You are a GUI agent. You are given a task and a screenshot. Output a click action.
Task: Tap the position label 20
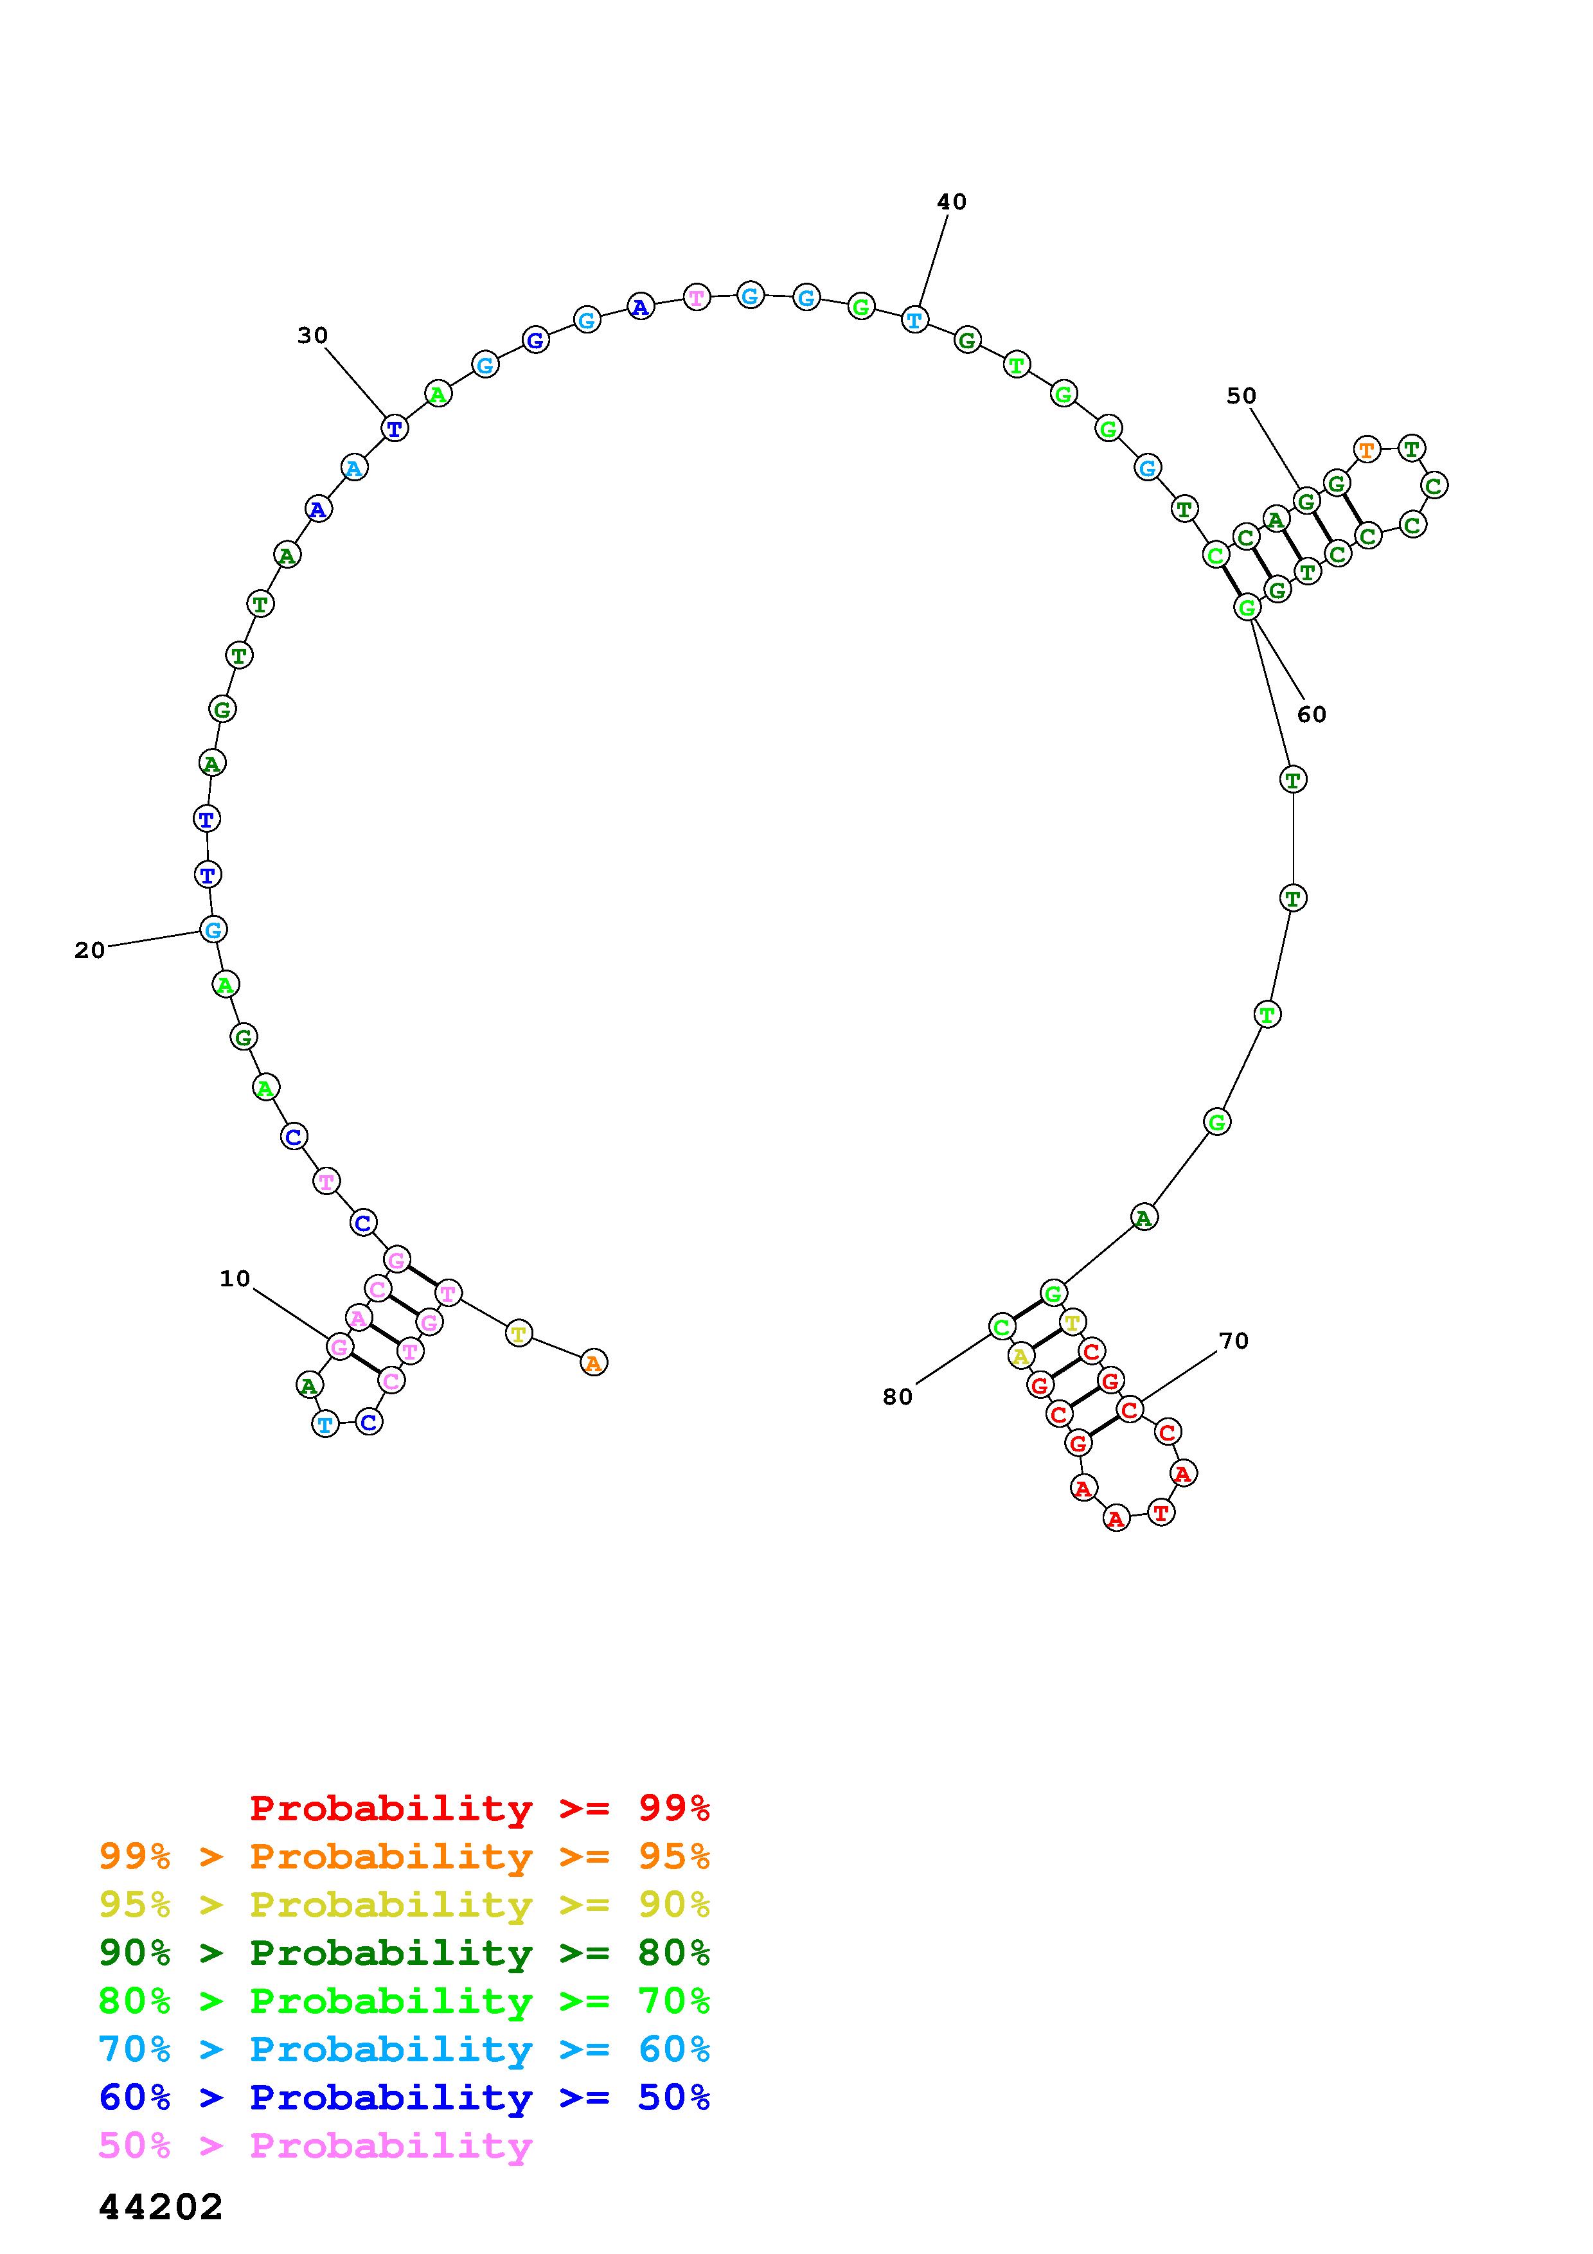coord(89,950)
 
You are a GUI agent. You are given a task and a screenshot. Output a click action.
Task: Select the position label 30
coord(312,336)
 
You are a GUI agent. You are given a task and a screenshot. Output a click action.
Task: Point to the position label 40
coord(951,202)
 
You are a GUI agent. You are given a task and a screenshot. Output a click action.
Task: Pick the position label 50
coord(1241,396)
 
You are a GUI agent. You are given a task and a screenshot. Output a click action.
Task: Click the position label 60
coord(1312,714)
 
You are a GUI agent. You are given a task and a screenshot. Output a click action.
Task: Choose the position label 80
coord(897,1397)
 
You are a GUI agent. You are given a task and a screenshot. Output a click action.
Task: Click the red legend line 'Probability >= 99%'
coord(480,1808)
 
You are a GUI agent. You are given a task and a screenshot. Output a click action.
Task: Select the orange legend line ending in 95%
coord(404,1856)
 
